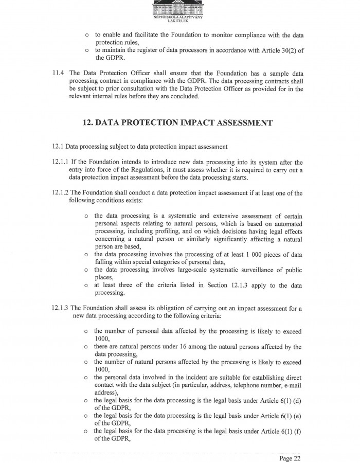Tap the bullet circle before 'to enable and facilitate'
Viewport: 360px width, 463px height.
(x=87, y=35)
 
